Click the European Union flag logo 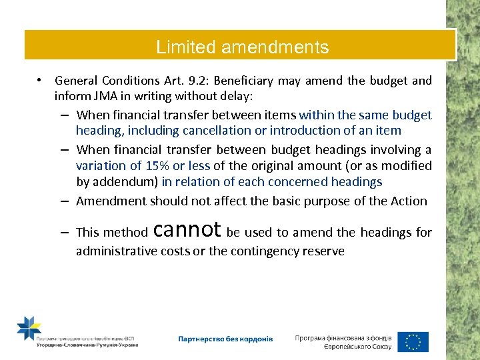(413, 341)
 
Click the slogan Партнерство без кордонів (225, 339)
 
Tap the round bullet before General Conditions (41, 80)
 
